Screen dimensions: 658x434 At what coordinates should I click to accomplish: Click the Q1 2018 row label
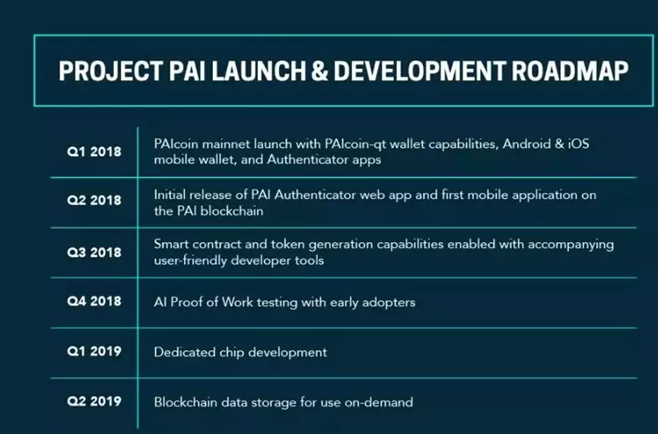pos(94,152)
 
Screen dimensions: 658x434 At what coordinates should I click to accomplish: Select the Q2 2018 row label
pos(94,200)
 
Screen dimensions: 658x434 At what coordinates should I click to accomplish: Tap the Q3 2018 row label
pos(94,252)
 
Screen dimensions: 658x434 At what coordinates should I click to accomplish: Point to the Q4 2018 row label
pos(94,302)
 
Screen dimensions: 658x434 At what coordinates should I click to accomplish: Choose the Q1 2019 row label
pos(94,351)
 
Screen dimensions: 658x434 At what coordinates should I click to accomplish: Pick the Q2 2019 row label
pos(94,401)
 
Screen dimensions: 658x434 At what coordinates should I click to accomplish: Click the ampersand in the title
pos(319,71)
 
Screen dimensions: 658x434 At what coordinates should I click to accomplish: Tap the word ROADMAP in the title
pos(570,71)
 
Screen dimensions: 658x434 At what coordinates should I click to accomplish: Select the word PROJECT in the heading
pos(110,71)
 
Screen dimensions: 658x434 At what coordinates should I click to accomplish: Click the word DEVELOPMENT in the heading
pos(420,71)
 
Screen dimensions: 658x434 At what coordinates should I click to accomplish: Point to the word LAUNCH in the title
pos(259,71)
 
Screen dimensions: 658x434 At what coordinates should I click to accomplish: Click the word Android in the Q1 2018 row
pos(526,144)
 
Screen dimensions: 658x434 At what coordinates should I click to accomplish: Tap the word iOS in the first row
pos(579,144)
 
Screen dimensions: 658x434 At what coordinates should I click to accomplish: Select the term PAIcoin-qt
pos(355,145)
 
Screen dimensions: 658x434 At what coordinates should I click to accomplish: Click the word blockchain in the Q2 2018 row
pos(232,210)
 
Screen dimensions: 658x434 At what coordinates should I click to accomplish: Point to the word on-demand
pos(379,403)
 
